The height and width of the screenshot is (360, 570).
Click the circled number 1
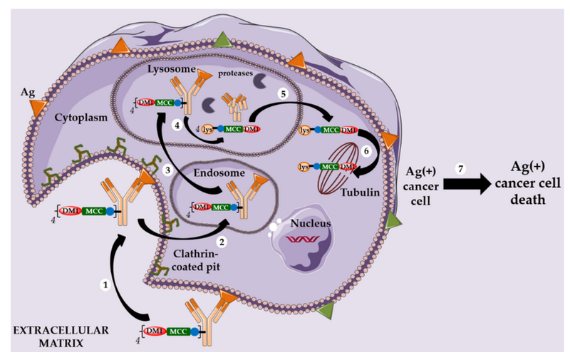click(x=106, y=284)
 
